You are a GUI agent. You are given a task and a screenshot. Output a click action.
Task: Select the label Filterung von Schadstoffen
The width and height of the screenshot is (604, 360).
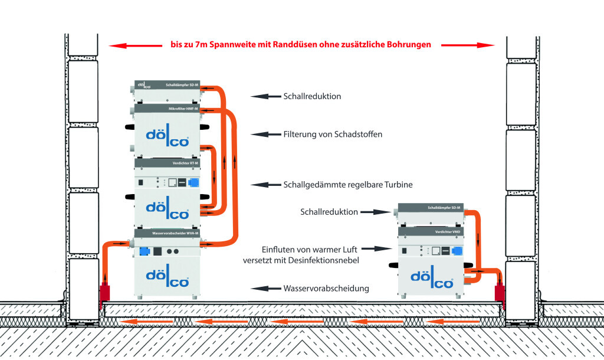pos(333,135)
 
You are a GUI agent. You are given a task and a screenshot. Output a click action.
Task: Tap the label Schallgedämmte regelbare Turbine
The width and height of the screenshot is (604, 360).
pos(348,185)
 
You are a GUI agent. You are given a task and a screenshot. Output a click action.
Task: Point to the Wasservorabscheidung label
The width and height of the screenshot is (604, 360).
pos(326,289)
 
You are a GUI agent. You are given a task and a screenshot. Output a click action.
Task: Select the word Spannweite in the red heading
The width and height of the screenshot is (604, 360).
pos(210,44)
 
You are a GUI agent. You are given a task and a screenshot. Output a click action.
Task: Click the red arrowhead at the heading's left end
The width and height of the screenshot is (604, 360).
pos(115,44)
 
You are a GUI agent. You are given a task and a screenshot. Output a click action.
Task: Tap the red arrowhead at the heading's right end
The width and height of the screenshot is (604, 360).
pos(488,44)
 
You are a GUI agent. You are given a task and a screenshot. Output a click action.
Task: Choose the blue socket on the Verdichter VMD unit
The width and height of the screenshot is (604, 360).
pos(456,251)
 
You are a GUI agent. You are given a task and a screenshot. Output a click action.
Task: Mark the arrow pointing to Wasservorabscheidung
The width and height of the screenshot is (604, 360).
pos(265,289)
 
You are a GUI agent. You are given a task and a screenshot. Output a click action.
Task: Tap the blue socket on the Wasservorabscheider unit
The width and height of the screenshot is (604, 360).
pos(143,251)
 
